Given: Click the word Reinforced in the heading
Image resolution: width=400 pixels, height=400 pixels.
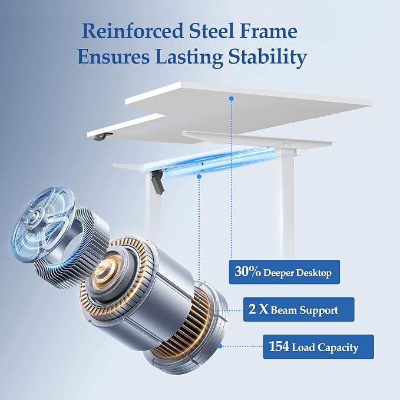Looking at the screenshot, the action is pos(133,31).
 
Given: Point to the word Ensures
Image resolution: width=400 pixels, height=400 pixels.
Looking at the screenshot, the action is pos(114,57).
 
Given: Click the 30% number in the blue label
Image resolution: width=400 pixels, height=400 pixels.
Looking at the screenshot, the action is pos(247,272).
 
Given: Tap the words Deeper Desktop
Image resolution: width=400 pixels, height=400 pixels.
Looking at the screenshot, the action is pos(297,273).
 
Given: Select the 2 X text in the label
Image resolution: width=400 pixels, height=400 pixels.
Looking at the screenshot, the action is pos(259,309).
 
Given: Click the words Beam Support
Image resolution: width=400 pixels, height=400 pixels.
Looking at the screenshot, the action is pos(305,310).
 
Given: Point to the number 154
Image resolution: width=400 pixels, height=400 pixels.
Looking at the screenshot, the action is pos(279,346).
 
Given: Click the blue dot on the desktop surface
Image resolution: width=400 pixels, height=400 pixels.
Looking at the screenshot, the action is pos(232,98).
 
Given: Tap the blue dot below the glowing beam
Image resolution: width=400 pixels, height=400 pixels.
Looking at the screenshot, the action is pos(199,177).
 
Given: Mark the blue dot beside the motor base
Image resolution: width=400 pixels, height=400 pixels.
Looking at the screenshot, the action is pos(220,346).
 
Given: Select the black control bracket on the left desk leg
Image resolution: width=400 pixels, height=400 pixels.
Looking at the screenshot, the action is pos(158,181).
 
